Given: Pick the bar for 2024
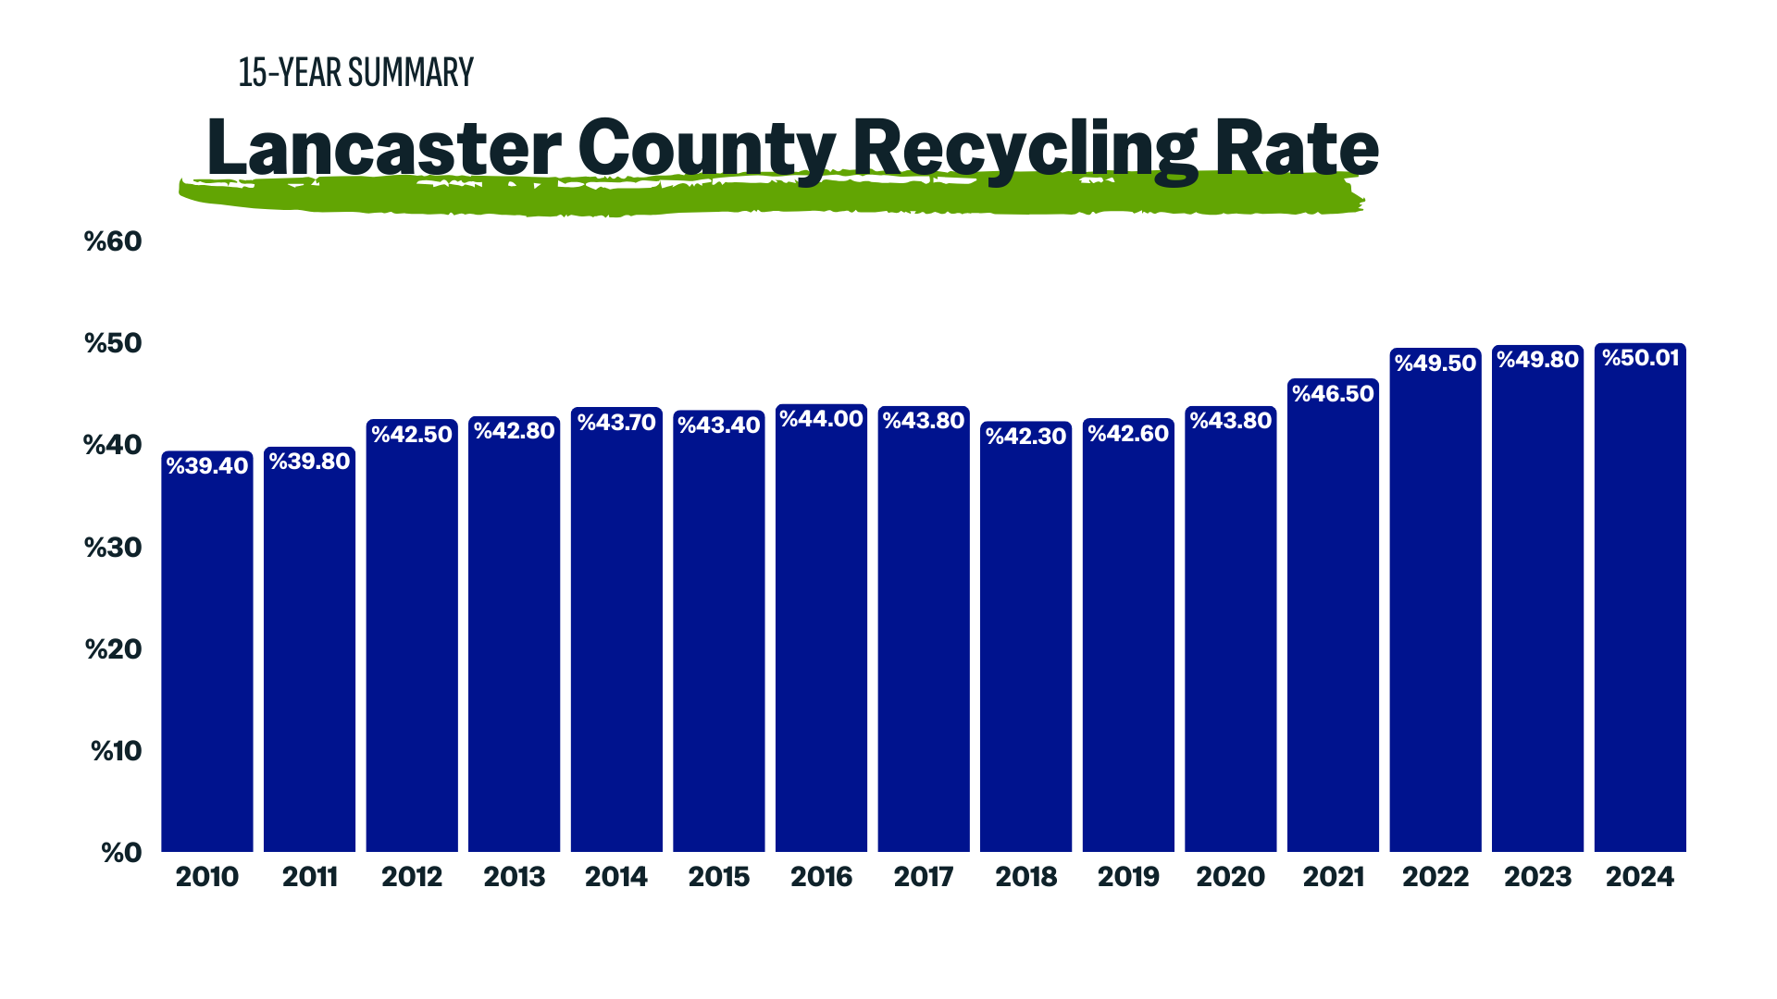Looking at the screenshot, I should point(1640,610).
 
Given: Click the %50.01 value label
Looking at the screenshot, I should point(1640,358).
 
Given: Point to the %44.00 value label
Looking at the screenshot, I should point(821,419).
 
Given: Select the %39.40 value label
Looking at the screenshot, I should point(207,466).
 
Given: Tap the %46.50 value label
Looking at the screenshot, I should point(1333,394).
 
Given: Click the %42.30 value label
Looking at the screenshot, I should point(1025,436).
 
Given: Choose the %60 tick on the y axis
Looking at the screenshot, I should point(113,241).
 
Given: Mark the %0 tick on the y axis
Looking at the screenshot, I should point(121,852).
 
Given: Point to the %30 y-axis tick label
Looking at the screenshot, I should point(113,548).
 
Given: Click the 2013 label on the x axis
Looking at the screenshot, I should point(515,877).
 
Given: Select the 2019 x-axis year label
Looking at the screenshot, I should point(1128,877).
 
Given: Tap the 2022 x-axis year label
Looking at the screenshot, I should point(1435,877).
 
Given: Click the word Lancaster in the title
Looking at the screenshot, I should point(383,148).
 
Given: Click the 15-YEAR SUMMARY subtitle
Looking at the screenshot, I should point(356,73).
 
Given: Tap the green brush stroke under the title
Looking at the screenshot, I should point(768,197).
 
